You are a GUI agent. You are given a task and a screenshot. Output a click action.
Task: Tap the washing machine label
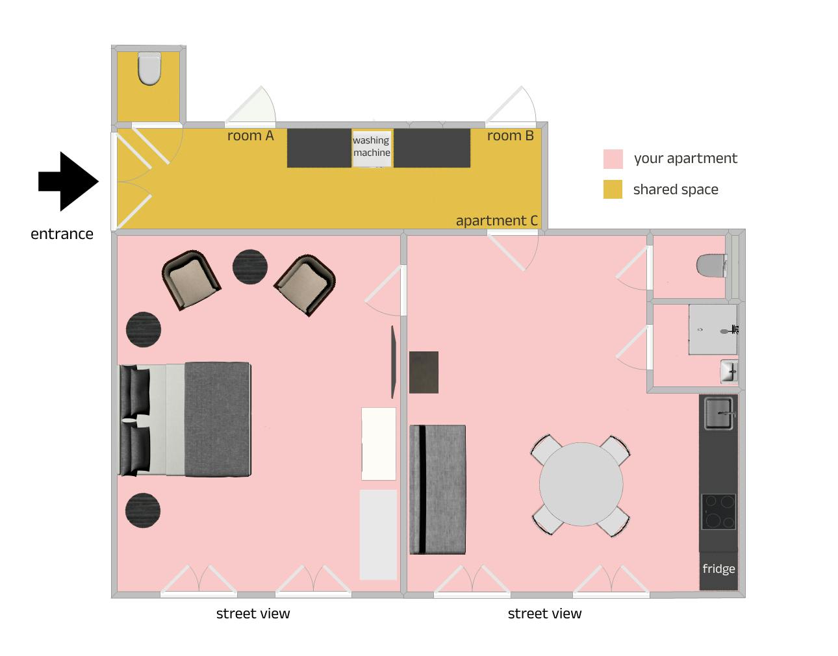[x=372, y=146]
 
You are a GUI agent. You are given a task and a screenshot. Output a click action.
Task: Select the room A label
[x=250, y=136]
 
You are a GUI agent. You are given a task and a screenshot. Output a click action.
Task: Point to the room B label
[x=510, y=136]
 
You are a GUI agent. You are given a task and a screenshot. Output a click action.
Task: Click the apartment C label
[x=497, y=220]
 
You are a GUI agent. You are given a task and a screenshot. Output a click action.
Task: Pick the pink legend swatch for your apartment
[x=613, y=158]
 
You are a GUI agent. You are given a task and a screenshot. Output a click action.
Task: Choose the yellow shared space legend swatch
[x=613, y=189]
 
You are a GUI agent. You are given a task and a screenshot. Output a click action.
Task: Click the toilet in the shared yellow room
[x=149, y=69]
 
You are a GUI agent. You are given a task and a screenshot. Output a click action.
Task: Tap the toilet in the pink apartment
[x=711, y=266]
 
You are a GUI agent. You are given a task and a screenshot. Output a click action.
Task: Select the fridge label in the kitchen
[x=718, y=569]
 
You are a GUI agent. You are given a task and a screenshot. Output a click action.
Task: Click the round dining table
[x=581, y=485]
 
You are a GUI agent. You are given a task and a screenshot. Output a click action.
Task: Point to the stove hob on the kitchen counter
[x=718, y=512]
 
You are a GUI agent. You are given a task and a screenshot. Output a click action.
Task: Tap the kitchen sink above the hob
[x=719, y=414]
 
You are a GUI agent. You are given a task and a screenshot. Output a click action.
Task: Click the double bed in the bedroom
[x=184, y=420]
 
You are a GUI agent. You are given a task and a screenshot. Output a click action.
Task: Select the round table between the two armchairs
[x=250, y=267]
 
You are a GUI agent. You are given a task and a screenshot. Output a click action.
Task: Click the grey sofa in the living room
[x=437, y=490]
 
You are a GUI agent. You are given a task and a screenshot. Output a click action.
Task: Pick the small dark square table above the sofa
[x=424, y=372]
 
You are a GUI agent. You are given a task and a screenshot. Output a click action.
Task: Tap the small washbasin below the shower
[x=729, y=372]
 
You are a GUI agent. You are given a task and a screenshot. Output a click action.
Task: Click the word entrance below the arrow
[x=62, y=234]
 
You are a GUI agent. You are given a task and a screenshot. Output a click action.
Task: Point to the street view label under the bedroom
[x=253, y=614]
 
